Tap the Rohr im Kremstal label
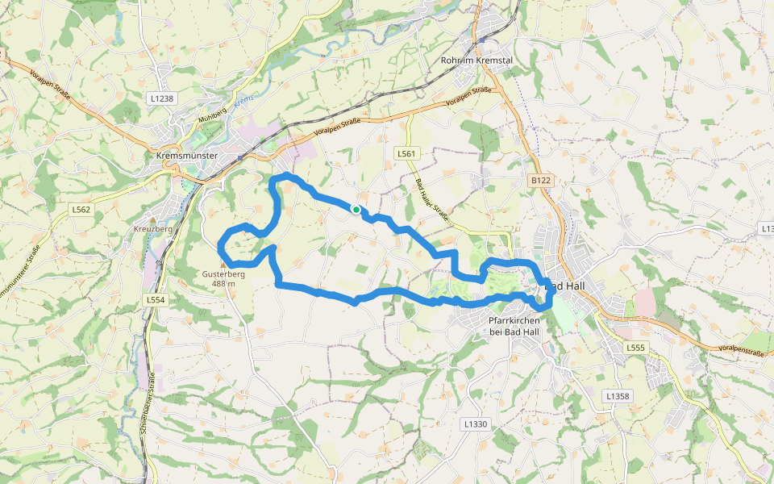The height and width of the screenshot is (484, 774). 476,60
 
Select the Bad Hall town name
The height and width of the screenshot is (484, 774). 568,286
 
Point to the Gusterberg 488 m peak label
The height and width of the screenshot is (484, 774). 223,278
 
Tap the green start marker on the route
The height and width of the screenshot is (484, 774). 356,209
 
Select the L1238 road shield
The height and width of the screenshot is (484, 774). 161,98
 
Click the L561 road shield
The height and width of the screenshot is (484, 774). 406,152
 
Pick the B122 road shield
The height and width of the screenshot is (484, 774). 540,181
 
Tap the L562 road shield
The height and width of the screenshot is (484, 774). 81,210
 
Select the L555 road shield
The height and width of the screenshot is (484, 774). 636,348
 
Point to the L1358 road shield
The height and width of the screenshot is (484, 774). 617,396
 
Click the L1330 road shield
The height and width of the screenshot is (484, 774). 476,423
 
